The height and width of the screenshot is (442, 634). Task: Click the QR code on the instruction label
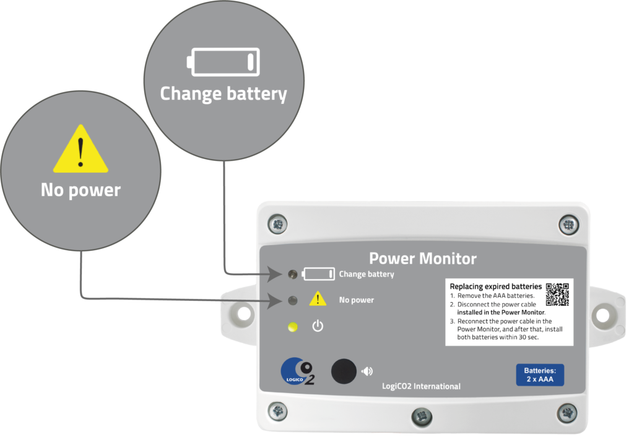[557, 294]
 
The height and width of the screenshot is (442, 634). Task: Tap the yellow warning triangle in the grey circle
[80, 150]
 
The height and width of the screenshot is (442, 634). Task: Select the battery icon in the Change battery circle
[224, 62]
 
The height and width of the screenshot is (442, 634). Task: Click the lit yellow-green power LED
[293, 326]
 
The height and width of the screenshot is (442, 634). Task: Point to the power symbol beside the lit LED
[318, 326]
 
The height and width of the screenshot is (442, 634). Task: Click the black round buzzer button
[344, 371]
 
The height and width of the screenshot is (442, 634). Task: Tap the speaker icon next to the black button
[368, 371]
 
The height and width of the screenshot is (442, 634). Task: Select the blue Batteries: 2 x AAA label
[540, 375]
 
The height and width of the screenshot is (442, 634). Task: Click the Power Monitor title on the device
[423, 258]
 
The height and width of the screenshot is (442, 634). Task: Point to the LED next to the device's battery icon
[293, 274]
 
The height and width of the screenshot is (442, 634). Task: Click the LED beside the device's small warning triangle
[293, 301]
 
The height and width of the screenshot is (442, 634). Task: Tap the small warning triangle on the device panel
[318, 299]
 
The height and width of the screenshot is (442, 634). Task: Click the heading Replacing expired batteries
[495, 287]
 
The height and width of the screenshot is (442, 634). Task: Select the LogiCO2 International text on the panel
[421, 386]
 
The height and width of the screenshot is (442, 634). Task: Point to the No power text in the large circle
[80, 190]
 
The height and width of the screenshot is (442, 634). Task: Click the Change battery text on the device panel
[367, 274]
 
